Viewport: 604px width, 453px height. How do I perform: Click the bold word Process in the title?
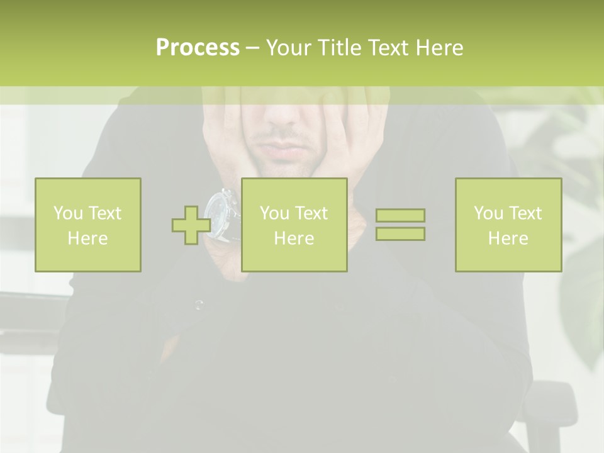[x=198, y=47]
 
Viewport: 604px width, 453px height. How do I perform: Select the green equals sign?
[x=400, y=225]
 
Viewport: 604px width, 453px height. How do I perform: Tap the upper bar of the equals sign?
[x=400, y=216]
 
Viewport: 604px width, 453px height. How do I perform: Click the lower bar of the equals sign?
[x=400, y=233]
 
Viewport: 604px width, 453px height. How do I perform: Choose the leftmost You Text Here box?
[x=88, y=225]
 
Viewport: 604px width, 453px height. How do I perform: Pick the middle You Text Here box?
[x=294, y=225]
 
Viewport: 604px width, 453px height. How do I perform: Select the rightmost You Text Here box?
[x=508, y=225]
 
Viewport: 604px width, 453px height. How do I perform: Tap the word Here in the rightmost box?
[x=508, y=238]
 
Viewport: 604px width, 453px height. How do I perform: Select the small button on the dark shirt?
[x=199, y=306]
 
